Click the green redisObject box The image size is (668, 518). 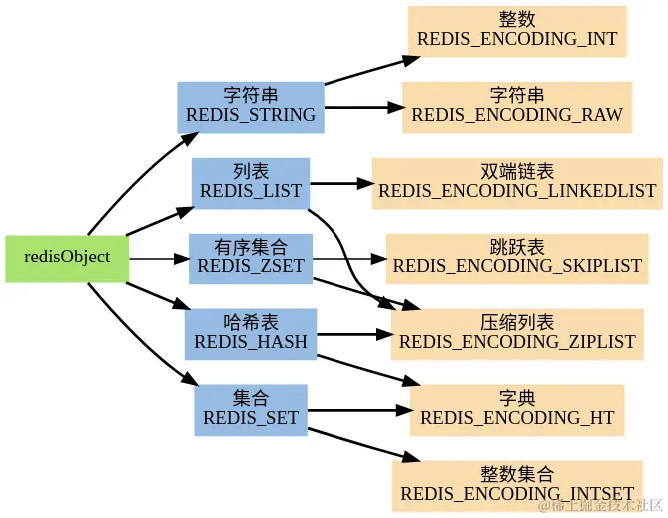[x=67, y=259]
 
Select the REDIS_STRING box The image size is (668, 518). [x=251, y=107]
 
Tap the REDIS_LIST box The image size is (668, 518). [x=251, y=183]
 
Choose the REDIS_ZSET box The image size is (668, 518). [x=251, y=259]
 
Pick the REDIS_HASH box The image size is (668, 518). [x=251, y=334]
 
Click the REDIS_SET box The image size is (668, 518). [x=251, y=410]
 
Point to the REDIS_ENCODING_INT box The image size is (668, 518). [x=517, y=31]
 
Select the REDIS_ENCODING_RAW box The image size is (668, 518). [x=517, y=107]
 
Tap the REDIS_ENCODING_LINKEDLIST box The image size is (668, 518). [x=517, y=183]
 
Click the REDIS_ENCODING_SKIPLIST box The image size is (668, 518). [x=517, y=259]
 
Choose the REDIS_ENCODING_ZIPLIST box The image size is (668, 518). [x=517, y=334]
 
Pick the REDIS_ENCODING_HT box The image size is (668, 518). [x=517, y=410]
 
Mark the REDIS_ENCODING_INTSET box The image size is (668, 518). [x=517, y=486]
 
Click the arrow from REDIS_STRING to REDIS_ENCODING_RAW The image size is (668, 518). [x=363, y=107]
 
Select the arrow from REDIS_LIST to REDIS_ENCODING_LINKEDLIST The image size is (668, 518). [x=340, y=184]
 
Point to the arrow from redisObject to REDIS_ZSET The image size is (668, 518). [x=159, y=259]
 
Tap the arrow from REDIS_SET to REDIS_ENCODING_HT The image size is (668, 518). [x=358, y=410]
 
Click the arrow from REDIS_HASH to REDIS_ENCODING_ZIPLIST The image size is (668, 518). [x=354, y=334]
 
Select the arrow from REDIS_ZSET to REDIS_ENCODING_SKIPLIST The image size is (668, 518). [x=349, y=259]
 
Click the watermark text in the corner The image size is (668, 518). [x=601, y=506]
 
